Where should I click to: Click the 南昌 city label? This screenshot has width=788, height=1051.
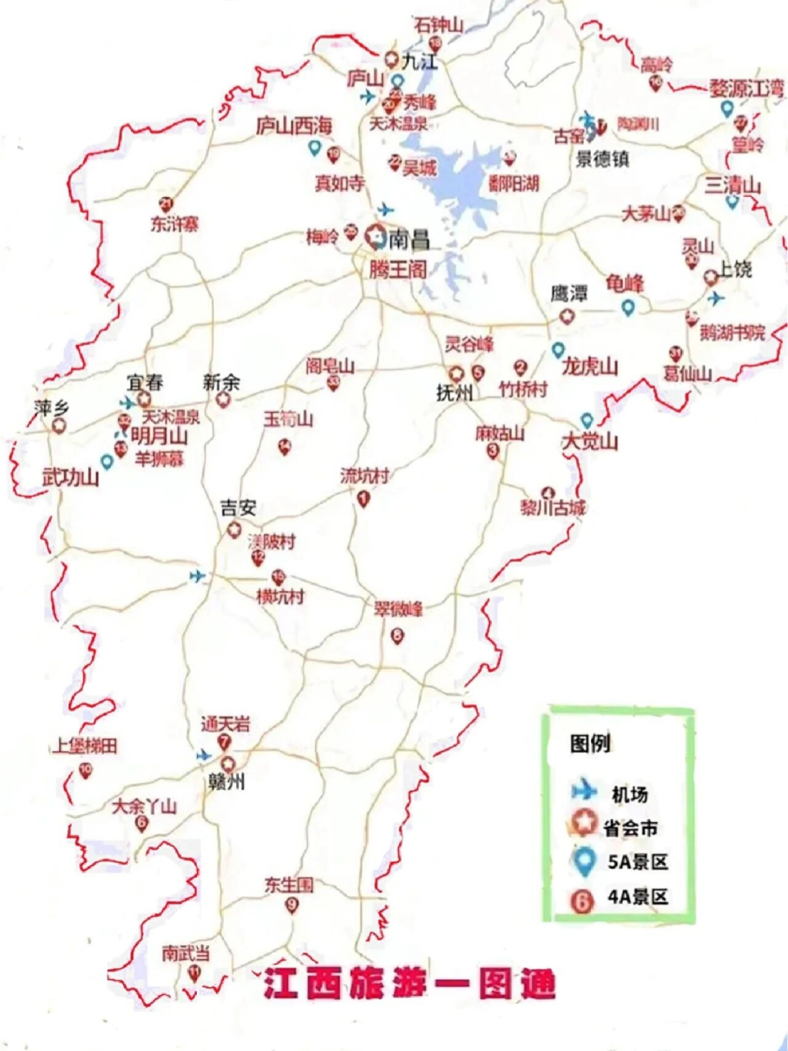pos(409,240)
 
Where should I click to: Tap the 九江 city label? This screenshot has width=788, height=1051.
pos(421,62)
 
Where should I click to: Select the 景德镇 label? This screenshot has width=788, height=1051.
pos(602,158)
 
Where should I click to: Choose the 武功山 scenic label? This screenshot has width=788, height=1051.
pos(71,477)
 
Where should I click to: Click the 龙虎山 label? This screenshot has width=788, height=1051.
pos(589,367)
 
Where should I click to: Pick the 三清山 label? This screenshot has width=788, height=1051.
pos(733,185)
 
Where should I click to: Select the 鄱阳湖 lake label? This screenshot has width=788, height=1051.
pos(513,183)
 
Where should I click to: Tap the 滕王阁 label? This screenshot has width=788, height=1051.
pos(397,268)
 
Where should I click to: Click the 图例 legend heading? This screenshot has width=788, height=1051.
pos(590,744)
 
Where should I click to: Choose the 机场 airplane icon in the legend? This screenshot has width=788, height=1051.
pos(584,792)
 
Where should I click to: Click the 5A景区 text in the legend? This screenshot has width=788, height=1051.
pos(638,862)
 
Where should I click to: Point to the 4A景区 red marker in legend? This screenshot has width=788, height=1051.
pos(583,900)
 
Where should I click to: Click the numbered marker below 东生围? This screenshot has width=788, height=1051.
pos(291,906)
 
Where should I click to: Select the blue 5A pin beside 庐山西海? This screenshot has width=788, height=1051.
pos(314,149)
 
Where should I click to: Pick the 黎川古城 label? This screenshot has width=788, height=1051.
pos(553,507)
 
